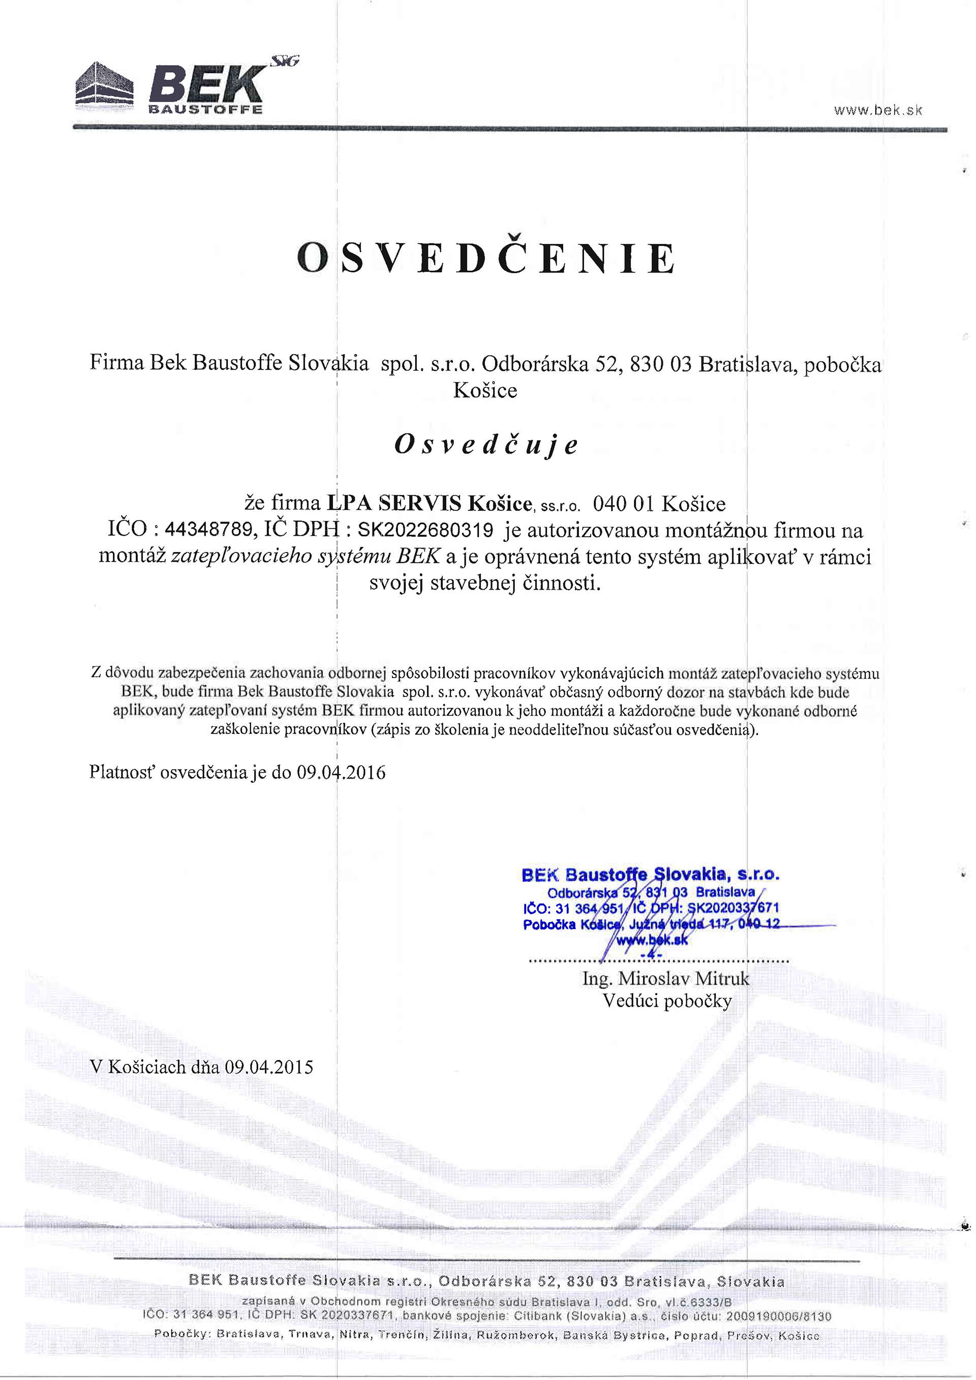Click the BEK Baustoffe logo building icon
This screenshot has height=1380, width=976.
[x=104, y=85]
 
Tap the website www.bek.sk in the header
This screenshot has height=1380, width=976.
[x=878, y=110]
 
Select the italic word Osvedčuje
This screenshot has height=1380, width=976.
[x=486, y=445]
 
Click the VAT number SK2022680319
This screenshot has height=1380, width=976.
[x=425, y=530]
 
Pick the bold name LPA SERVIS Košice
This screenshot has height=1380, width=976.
[x=429, y=503]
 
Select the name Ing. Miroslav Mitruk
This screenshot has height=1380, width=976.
[x=665, y=978]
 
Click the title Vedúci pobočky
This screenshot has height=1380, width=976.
[x=667, y=1001]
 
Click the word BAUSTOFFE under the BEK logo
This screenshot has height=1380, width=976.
[x=205, y=109]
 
